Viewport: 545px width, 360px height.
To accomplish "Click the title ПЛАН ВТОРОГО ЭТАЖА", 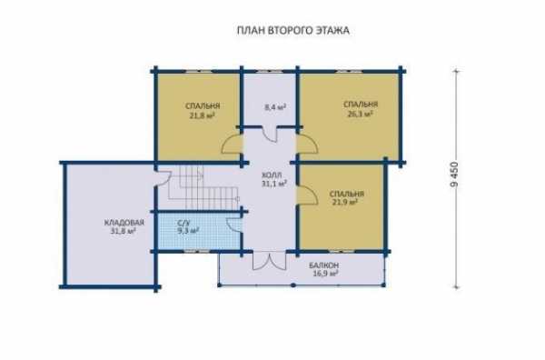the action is click(293, 31).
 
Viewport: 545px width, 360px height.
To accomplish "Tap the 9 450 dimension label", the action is click(454, 175).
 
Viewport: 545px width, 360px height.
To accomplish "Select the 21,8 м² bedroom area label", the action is click(202, 115).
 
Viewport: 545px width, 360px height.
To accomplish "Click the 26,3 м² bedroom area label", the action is click(361, 114).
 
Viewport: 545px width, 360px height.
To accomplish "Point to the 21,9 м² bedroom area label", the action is click(345, 202).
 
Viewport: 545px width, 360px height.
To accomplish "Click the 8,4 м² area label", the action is click(275, 107).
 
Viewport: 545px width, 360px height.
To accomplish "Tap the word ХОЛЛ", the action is click(272, 175).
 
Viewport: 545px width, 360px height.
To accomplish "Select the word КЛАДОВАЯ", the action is click(124, 222).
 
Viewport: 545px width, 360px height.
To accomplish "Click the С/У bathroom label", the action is click(183, 223).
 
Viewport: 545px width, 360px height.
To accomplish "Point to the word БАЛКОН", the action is click(324, 265).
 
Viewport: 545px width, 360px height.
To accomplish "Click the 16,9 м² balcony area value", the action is click(326, 274).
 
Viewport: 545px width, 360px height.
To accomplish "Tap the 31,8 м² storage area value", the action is click(123, 230).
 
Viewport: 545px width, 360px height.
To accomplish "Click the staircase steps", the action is click(203, 188).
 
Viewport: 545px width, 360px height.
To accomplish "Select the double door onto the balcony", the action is click(270, 261).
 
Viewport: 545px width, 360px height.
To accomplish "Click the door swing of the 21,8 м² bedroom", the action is click(232, 144).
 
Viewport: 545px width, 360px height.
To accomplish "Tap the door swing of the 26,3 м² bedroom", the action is click(307, 144).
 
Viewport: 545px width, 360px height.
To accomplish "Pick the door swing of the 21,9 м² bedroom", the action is click(307, 195).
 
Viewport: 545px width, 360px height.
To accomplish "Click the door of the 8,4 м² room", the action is click(270, 134).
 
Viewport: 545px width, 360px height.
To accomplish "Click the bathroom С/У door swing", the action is click(234, 225).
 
